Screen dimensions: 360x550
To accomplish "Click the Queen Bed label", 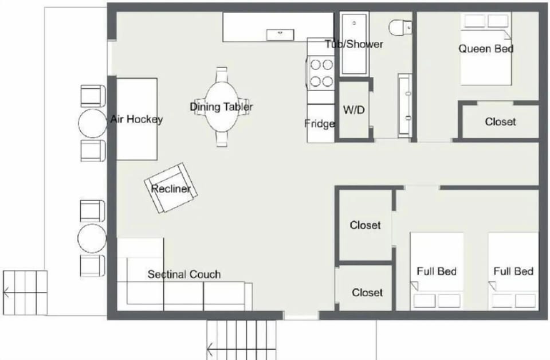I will (x=486, y=49).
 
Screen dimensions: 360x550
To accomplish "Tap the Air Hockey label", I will (x=136, y=119).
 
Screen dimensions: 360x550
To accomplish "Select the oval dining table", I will (x=221, y=107).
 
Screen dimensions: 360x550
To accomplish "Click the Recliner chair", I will (x=171, y=188).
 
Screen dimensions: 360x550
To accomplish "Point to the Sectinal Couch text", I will (x=184, y=275).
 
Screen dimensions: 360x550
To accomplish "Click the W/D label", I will (x=353, y=110).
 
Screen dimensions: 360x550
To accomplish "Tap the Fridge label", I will (x=320, y=123).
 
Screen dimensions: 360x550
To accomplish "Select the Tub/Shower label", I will (x=354, y=44).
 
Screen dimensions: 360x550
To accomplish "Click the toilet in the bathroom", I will (x=400, y=26).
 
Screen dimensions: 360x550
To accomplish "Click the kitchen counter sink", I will (x=280, y=33).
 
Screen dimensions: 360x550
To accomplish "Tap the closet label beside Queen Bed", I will (x=500, y=122).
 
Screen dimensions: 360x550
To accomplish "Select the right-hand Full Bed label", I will (x=513, y=271).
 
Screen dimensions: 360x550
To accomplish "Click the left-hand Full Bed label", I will (x=437, y=271).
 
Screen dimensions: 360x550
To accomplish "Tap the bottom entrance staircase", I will (x=241, y=339).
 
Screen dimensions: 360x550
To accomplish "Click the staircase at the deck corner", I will (x=25, y=292).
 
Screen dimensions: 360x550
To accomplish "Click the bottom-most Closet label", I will (x=367, y=292).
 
